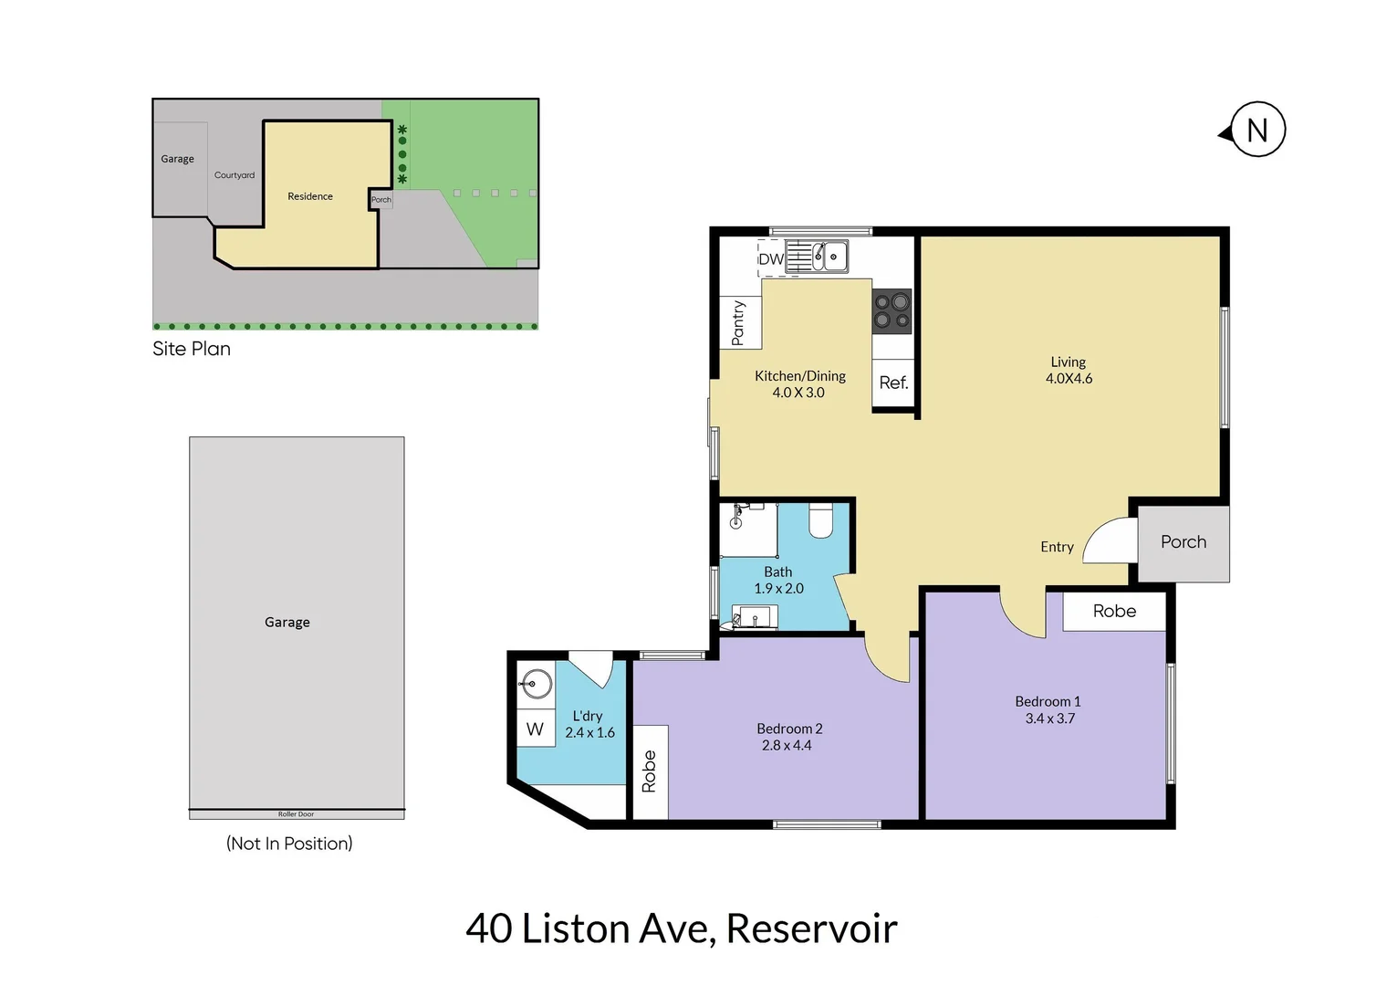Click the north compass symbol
[x=1257, y=130]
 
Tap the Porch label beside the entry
[x=1184, y=542]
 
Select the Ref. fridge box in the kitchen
[x=893, y=383]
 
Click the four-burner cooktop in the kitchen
[x=892, y=310]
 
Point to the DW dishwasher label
[x=771, y=259]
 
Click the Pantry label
[x=739, y=323]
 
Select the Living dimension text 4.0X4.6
[x=1069, y=379]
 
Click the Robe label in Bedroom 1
[x=1114, y=612]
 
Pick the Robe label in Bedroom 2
[x=649, y=771]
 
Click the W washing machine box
[x=536, y=729]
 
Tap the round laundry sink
[x=536, y=684]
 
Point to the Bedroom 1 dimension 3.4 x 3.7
[x=1049, y=719]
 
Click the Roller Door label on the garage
[x=296, y=814]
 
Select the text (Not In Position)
[x=289, y=844]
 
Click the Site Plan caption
[x=192, y=349]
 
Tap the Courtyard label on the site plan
[x=235, y=175]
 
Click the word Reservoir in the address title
[x=811, y=929]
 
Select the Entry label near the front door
[x=1057, y=547]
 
